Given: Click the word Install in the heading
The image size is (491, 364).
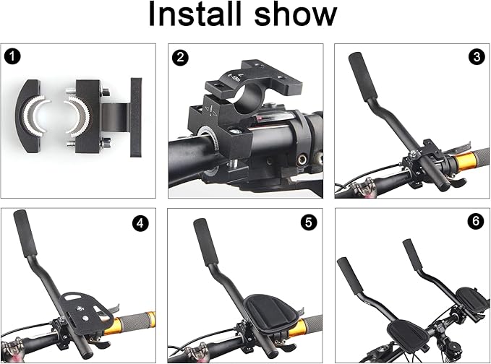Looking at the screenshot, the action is click(x=195, y=14).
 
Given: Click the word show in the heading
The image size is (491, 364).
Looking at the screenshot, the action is click(x=295, y=14).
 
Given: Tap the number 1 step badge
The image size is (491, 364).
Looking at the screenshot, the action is click(x=12, y=57).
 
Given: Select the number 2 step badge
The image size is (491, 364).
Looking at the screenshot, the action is click(x=180, y=58).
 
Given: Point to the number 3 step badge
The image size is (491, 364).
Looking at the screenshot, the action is click(x=477, y=57).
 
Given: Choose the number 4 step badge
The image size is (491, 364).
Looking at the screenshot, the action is click(x=140, y=223).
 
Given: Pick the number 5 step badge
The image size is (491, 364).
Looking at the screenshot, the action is click(x=309, y=222).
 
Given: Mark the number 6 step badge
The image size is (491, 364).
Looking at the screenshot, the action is click(x=476, y=221).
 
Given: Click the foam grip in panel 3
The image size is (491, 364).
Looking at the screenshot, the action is click(x=362, y=77).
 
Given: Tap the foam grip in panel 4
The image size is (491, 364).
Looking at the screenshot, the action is click(x=25, y=233).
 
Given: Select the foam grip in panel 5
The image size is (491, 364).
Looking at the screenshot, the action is click(x=205, y=242).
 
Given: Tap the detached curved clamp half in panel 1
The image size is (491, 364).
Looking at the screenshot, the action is click(x=31, y=116).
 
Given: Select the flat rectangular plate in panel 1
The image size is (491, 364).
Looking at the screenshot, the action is click(x=136, y=117).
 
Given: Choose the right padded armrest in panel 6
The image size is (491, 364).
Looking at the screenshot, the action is click(x=471, y=299).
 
